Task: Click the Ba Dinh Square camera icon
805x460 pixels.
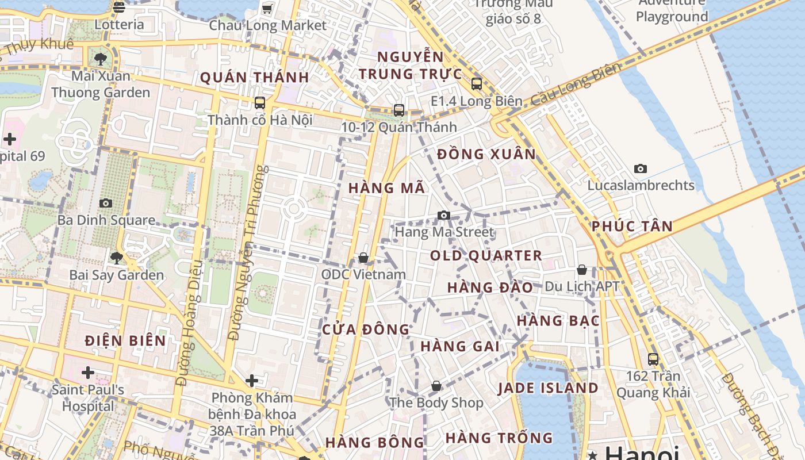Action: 106,203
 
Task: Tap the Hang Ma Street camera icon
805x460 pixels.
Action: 443,215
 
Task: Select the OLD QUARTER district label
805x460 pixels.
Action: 486,255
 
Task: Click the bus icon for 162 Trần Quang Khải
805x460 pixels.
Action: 653,359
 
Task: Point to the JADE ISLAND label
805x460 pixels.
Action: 548,388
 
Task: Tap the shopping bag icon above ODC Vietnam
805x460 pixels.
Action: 363,258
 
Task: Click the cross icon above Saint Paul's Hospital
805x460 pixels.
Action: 87,373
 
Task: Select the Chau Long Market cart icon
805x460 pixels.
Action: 267,8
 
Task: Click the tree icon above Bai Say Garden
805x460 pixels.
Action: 117,258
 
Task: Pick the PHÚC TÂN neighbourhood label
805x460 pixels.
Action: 632,226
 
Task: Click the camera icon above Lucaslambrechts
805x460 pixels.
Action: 641,168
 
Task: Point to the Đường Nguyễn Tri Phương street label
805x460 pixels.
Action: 247,253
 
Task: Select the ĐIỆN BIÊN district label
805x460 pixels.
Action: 125,340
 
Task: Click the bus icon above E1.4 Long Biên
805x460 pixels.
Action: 476,84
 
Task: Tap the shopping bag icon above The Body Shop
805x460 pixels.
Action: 436,386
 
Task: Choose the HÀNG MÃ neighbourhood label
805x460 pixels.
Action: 386,187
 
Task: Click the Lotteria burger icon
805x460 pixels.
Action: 119,7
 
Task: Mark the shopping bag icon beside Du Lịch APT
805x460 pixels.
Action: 582,270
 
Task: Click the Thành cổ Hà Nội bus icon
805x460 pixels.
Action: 260,103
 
